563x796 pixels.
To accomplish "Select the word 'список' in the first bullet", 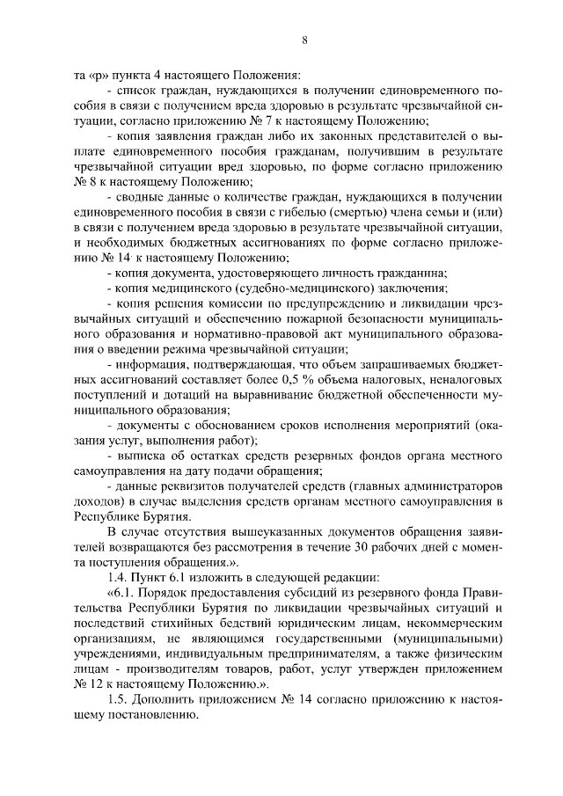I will coord(135,91).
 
